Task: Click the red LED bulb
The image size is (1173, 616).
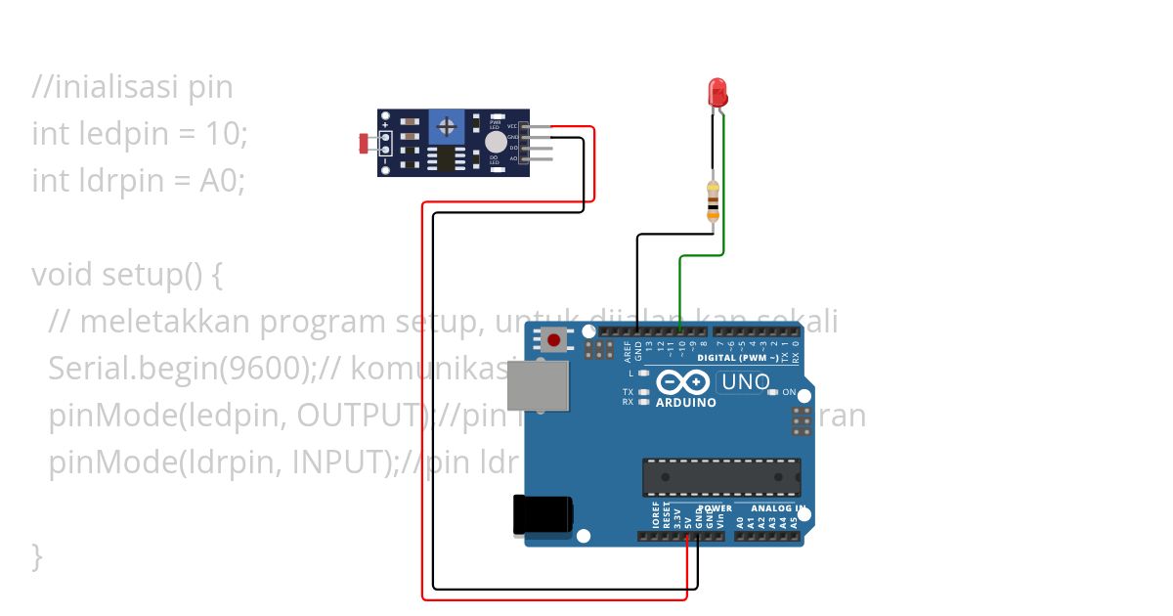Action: tap(717, 93)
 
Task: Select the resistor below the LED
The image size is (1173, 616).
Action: tap(713, 200)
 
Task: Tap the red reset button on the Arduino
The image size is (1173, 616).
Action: tap(554, 340)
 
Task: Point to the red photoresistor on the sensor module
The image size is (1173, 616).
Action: tap(367, 144)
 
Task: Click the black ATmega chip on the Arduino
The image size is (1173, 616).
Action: tap(721, 476)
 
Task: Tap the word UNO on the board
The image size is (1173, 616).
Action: tap(747, 382)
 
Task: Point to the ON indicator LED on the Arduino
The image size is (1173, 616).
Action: tap(772, 392)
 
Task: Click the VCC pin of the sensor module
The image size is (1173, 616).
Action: tap(536, 127)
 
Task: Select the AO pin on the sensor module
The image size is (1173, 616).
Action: tap(536, 158)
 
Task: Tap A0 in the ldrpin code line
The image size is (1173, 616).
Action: tap(221, 181)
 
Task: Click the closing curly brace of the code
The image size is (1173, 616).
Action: tap(37, 556)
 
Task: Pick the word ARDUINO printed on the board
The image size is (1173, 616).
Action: tap(685, 402)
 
